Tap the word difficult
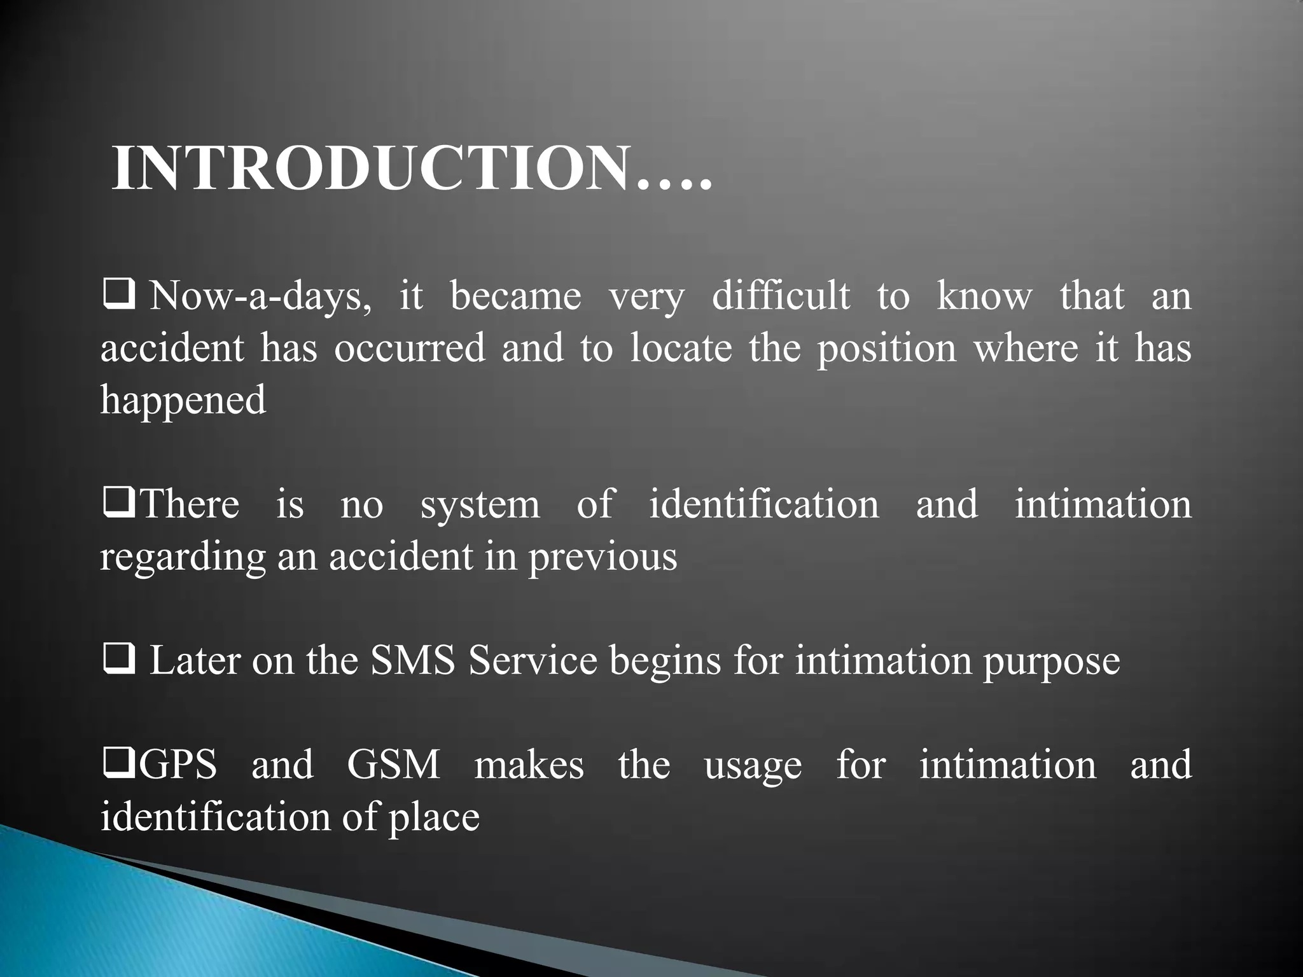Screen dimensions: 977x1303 pyautogui.click(x=781, y=296)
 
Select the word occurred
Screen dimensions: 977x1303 pyautogui.click(x=410, y=348)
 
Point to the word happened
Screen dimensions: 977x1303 pyautogui.click(x=183, y=400)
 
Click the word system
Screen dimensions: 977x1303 pyautogui.click(x=480, y=504)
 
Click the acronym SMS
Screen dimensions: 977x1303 pyautogui.click(x=413, y=661)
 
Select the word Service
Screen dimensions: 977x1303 pyautogui.click(x=533, y=661)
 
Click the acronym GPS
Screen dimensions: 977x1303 pyautogui.click(x=178, y=765)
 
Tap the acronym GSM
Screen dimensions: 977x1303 pyautogui.click(x=393, y=765)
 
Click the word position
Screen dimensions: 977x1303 pyautogui.click(x=886, y=349)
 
